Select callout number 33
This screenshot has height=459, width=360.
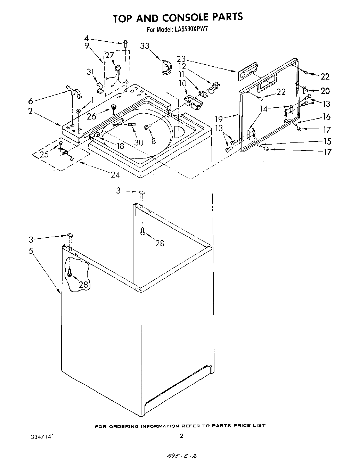[146, 46]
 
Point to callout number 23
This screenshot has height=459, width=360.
[181, 59]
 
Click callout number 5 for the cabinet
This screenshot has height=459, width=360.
[31, 250]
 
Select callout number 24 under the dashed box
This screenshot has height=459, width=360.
[115, 175]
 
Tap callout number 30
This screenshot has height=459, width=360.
[139, 142]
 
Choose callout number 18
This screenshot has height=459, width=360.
[120, 146]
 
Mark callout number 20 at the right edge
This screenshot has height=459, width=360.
[325, 91]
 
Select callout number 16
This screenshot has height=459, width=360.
[327, 117]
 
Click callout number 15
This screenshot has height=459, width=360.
[327, 141]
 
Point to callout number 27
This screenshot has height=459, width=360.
[110, 55]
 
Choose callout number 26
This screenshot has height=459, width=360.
[91, 117]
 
